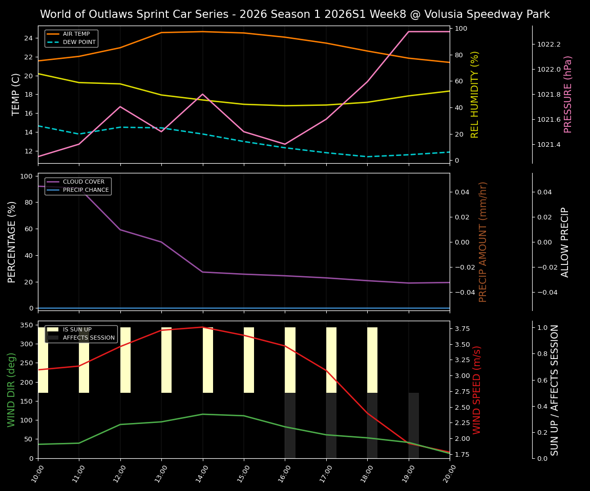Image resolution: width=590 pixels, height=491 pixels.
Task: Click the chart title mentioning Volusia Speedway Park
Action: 294,14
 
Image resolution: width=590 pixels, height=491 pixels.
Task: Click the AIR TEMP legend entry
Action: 76,34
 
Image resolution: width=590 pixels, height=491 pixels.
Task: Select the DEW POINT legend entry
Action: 79,42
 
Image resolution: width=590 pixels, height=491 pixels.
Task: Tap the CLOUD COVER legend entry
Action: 83,182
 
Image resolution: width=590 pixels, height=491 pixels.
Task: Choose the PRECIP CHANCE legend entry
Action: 86,190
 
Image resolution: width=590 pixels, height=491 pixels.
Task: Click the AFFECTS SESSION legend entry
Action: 89,338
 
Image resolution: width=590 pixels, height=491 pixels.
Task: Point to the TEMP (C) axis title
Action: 16,94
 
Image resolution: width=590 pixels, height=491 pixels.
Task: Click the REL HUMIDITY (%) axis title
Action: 475,94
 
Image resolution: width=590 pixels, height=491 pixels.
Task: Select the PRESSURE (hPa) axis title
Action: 568,94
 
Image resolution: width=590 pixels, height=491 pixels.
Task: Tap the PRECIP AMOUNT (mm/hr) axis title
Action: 483,241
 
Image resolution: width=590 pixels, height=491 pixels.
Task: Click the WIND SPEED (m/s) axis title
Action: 477,390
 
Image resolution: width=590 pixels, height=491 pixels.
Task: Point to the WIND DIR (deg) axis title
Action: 12,390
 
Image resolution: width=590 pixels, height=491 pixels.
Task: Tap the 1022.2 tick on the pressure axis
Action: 549,44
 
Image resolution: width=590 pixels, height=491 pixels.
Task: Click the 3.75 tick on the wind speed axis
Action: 463,329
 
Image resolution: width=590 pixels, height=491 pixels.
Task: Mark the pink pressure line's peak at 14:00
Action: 203,94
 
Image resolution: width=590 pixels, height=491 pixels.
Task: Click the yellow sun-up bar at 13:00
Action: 166,360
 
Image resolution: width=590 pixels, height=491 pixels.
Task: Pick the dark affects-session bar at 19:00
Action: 414,425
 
